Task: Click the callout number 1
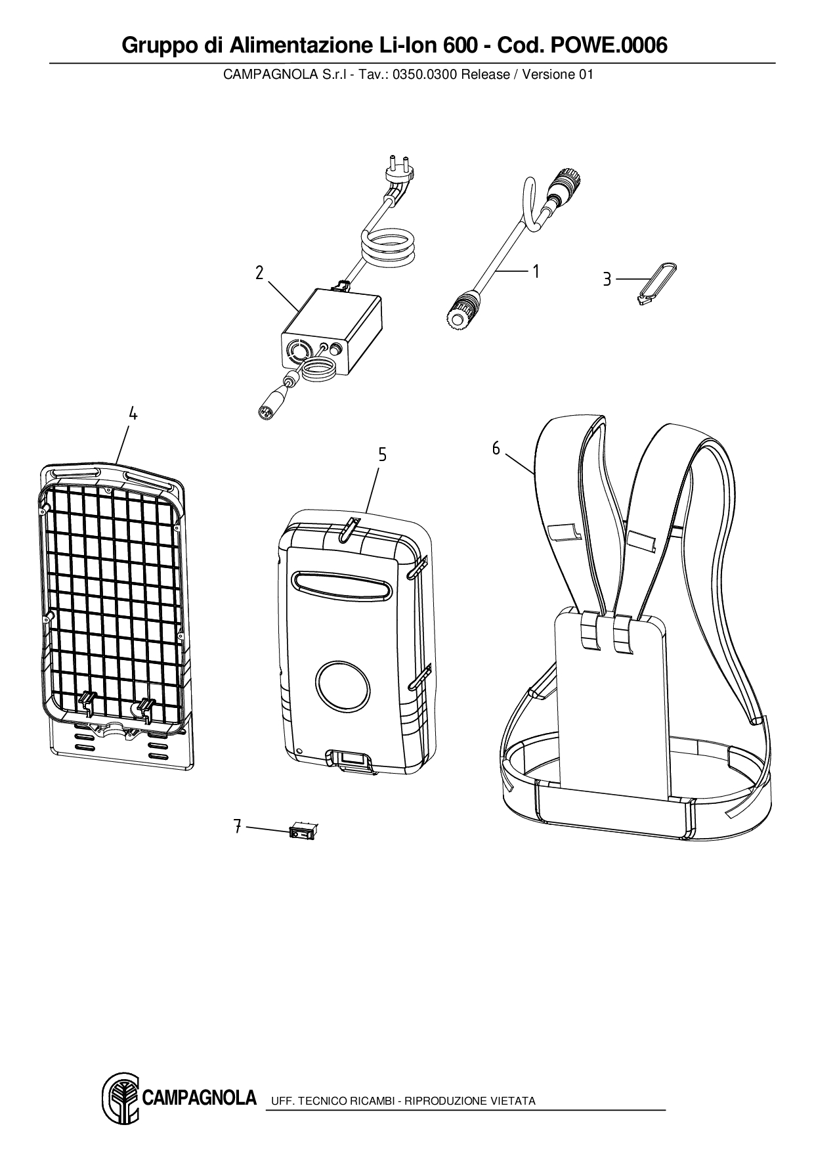[536, 271]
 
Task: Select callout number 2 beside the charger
[260, 273]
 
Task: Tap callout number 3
[607, 280]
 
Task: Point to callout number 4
[133, 414]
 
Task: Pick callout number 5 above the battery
[382, 454]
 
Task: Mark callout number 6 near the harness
[496, 449]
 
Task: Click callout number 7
[238, 826]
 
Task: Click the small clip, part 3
[656, 282]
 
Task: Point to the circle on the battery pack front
[342, 685]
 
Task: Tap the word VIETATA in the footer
[514, 1101]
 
